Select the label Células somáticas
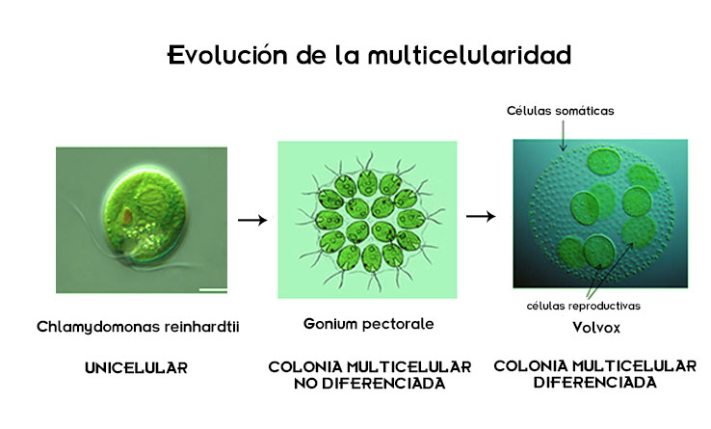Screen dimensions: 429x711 pyautogui.click(x=561, y=111)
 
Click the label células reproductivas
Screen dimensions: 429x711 pyautogui.click(x=583, y=306)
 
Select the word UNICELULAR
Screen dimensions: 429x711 pyautogui.click(x=135, y=367)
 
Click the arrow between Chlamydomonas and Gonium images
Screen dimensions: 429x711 pyautogui.click(x=251, y=220)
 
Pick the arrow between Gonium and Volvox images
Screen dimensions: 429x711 pyautogui.click(x=481, y=215)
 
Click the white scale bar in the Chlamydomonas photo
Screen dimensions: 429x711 pyautogui.click(x=213, y=286)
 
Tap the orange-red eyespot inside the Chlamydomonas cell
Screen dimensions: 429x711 pyautogui.click(x=126, y=213)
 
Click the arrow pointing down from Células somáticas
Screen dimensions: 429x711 pyautogui.click(x=562, y=136)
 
